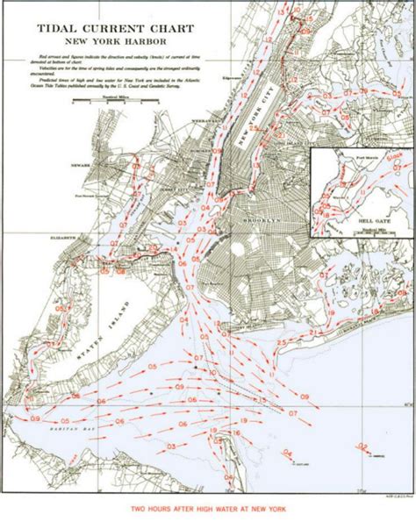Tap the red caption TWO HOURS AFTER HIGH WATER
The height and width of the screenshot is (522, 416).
pos(209,509)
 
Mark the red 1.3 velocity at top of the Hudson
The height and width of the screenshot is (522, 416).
pos(281,16)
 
